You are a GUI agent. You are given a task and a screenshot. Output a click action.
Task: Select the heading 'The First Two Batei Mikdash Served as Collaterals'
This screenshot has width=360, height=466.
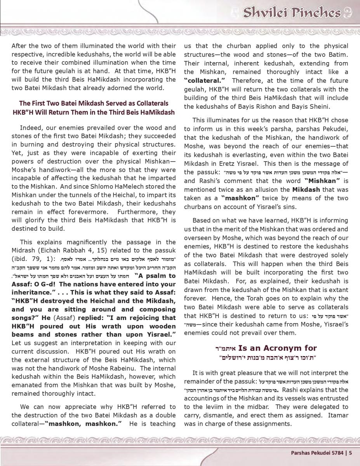[94, 103]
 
